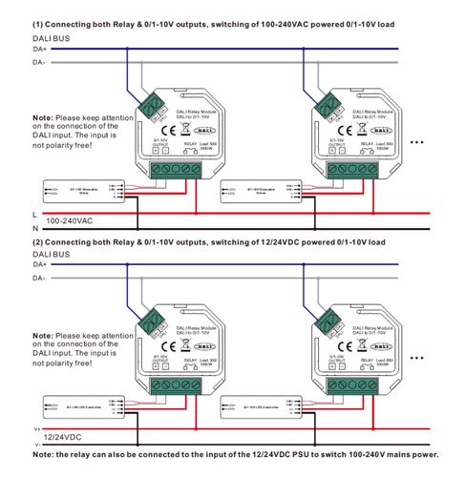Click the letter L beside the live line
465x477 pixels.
coord(34,214)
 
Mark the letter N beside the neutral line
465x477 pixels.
coord(34,229)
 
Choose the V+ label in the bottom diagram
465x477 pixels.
coord(36,430)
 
